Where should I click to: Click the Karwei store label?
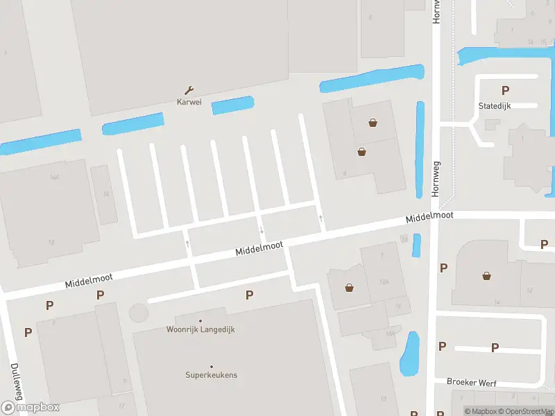coord(189,102)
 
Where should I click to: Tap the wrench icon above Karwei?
coord(189,90)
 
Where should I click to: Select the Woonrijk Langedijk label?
coord(200,329)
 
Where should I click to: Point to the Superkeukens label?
coord(211,375)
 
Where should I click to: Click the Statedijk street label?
coord(494,105)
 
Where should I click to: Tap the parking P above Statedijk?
coord(505,90)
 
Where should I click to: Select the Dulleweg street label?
coord(15,381)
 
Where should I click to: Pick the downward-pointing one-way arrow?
coord(262,229)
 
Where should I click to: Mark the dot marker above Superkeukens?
coord(211,367)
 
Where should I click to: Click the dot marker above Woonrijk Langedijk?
coord(200,320)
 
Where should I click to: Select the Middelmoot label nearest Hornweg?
coord(429,217)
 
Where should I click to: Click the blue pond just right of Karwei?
coord(232,105)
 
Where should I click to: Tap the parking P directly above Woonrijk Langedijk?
coord(249,295)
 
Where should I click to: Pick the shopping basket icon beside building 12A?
coord(349,287)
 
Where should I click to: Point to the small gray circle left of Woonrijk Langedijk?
coord(139,313)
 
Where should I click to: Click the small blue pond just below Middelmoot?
coord(416,245)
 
